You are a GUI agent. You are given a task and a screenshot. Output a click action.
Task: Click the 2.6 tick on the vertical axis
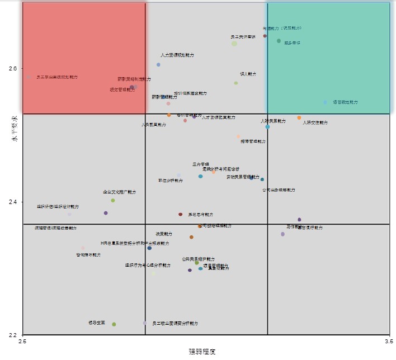point(13,68)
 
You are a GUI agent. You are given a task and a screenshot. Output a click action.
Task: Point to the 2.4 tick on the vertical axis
point(13,202)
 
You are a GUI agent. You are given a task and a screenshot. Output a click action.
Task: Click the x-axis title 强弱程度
point(202,352)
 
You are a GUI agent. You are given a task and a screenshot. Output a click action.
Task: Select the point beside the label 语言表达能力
point(325,102)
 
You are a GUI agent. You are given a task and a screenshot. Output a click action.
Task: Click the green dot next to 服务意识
point(279,41)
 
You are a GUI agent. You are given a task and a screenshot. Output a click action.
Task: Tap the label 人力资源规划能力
point(177,55)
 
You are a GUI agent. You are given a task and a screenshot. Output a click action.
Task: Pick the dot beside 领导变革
point(114,324)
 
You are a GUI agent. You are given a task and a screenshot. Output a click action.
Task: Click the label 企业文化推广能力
point(119,192)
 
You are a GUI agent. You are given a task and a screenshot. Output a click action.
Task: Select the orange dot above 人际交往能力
point(299,117)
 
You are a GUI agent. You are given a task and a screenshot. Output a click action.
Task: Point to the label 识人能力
point(248,74)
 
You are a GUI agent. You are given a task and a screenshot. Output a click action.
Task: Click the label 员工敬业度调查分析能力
point(175,324)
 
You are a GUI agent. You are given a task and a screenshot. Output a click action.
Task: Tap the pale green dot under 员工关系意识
point(234,44)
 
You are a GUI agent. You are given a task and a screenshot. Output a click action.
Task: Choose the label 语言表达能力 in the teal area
point(345,102)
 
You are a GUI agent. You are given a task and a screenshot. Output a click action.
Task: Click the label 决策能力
point(163,234)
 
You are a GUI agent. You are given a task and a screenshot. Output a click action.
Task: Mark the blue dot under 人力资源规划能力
point(158,65)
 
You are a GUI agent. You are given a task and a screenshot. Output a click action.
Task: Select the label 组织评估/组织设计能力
point(58,207)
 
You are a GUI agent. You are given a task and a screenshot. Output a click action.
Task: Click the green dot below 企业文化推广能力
point(113,200)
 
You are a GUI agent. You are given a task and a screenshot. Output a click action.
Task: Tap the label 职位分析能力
point(171,181)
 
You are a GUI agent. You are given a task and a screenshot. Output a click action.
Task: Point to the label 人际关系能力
point(273,121)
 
